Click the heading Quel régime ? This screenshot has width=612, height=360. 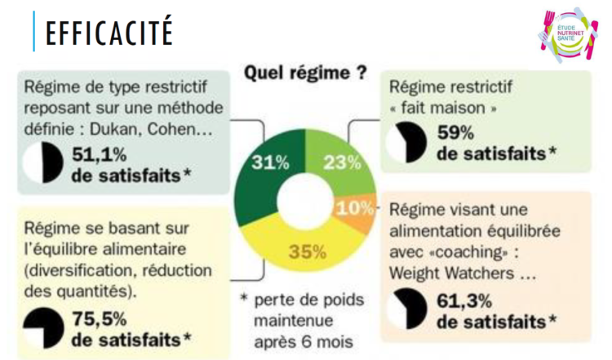click(305, 73)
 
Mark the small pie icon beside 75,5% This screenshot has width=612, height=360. click(43, 327)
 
